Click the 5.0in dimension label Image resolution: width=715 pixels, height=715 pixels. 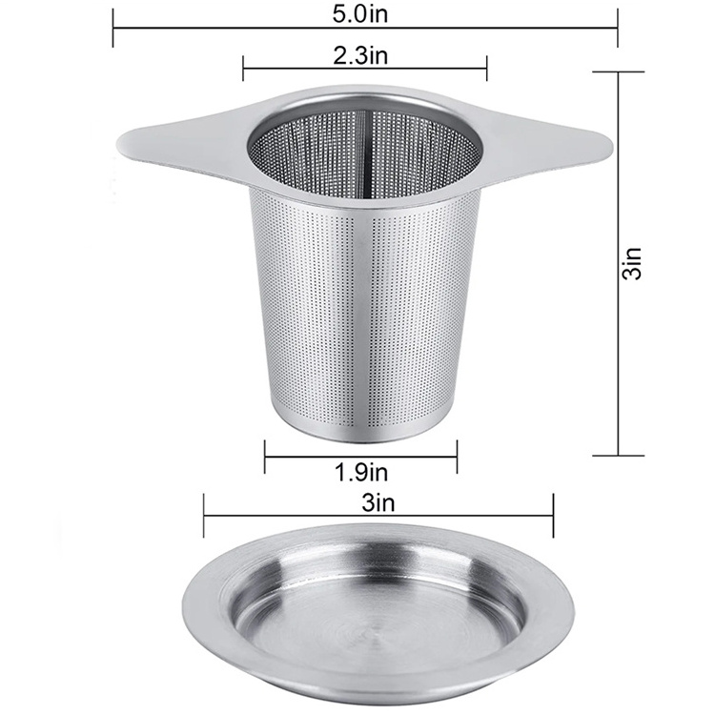tap(359, 13)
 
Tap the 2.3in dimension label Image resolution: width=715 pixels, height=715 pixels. tap(359, 55)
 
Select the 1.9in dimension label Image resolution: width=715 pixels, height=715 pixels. tap(360, 472)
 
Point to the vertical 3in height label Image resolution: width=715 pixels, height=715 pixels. tap(633, 263)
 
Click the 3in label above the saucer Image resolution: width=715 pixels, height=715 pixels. tap(378, 503)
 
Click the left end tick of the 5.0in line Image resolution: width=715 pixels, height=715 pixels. tap(112, 29)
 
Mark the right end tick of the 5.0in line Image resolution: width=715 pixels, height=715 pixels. tap(618, 29)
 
